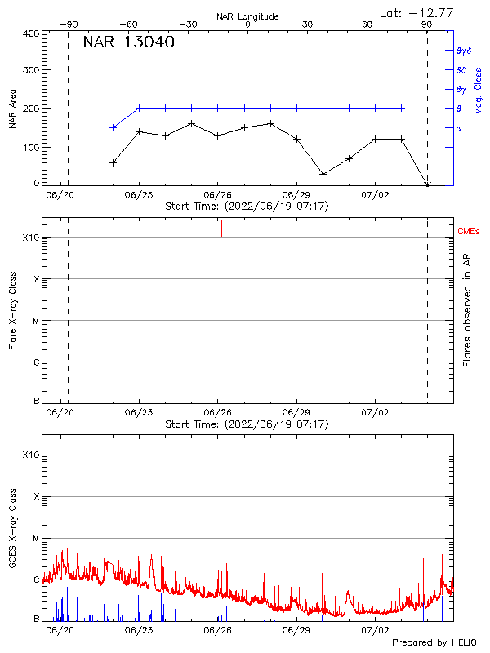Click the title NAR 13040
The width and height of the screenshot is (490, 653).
pos(128,43)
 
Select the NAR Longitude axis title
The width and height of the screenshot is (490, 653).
pos(247,16)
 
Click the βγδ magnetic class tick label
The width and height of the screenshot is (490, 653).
pos(464,51)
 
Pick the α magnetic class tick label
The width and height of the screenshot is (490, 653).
pos(459,128)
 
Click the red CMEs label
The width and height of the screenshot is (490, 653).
pos(469,232)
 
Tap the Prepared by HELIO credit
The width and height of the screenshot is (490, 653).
pos(434,642)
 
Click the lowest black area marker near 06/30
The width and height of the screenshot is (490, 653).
pos(323,174)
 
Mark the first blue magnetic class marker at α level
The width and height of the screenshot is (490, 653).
pos(114,127)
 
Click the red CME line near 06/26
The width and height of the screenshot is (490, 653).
pos(221,229)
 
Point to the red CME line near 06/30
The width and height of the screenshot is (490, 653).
pos(327,229)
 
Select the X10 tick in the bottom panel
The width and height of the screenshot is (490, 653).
pos(30,455)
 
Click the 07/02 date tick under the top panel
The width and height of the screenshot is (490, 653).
pos(375,196)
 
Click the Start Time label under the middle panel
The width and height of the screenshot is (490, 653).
pos(247,424)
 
